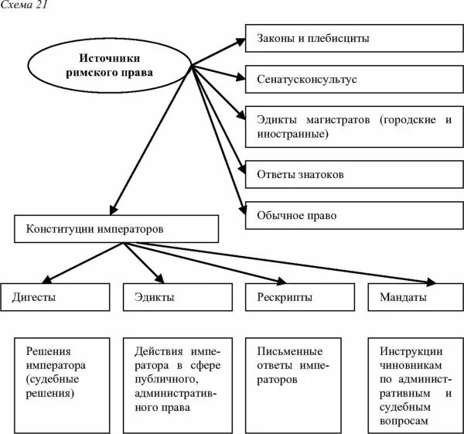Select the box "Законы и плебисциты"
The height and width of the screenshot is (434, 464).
pyautogui.click(x=353, y=38)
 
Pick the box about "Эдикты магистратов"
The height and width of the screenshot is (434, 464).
pyautogui.click(x=353, y=126)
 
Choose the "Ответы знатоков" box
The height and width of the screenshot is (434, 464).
pyautogui.click(x=353, y=174)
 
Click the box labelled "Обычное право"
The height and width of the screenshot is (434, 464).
pyautogui.click(x=353, y=214)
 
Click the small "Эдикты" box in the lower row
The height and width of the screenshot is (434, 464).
pyautogui.click(x=177, y=297)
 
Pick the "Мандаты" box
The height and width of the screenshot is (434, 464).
pyautogui.click(x=414, y=297)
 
